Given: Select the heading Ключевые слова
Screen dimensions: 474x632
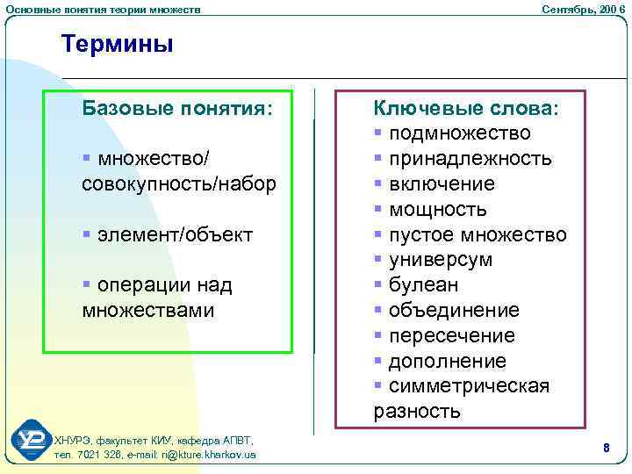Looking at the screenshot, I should pyautogui.click(x=465, y=108).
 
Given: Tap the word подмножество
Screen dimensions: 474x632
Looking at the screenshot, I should pyautogui.click(x=459, y=133).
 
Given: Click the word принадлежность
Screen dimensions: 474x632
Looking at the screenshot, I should pyautogui.click(x=470, y=159).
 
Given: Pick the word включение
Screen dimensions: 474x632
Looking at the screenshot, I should pyautogui.click(x=442, y=184).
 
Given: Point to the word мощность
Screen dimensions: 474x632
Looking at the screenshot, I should pyautogui.click(x=437, y=210).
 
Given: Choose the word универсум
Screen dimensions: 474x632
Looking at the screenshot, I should pyautogui.click(x=441, y=261).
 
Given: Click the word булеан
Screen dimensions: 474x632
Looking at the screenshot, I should pyautogui.click(x=423, y=285).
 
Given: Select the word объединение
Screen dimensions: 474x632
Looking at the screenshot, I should pyautogui.click(x=454, y=311).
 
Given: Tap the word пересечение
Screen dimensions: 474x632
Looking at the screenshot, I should pyautogui.click(x=451, y=336).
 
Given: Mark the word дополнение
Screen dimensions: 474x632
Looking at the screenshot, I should pyautogui.click(x=447, y=362).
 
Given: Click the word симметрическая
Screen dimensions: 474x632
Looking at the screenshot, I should pyautogui.click(x=469, y=387).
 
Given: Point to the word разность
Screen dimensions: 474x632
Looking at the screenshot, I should pyautogui.click(x=417, y=412).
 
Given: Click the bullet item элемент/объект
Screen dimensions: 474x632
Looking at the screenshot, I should pyautogui.click(x=175, y=234).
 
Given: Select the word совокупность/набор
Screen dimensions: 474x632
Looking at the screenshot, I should pyautogui.click(x=178, y=184).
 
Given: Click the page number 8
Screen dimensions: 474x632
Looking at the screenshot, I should pyautogui.click(x=606, y=448).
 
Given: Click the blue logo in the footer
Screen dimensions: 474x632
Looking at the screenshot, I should pyautogui.click(x=32, y=441).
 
